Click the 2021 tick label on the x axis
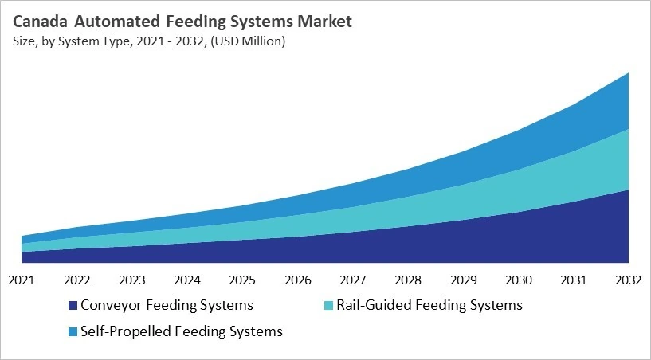(x=22, y=280)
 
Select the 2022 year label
(x=76, y=280)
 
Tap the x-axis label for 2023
(x=131, y=280)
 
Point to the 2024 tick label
(x=186, y=280)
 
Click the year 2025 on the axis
(x=242, y=280)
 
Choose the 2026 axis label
(x=297, y=280)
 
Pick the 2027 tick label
(x=352, y=280)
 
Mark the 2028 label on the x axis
(x=408, y=280)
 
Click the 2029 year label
(x=463, y=280)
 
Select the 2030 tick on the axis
(x=518, y=280)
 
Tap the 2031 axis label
(x=574, y=280)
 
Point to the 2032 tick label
(x=629, y=280)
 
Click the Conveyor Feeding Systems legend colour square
(x=73, y=306)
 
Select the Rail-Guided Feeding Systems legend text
(x=429, y=305)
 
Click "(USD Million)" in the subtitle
(x=248, y=41)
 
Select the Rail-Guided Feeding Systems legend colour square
(x=328, y=306)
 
